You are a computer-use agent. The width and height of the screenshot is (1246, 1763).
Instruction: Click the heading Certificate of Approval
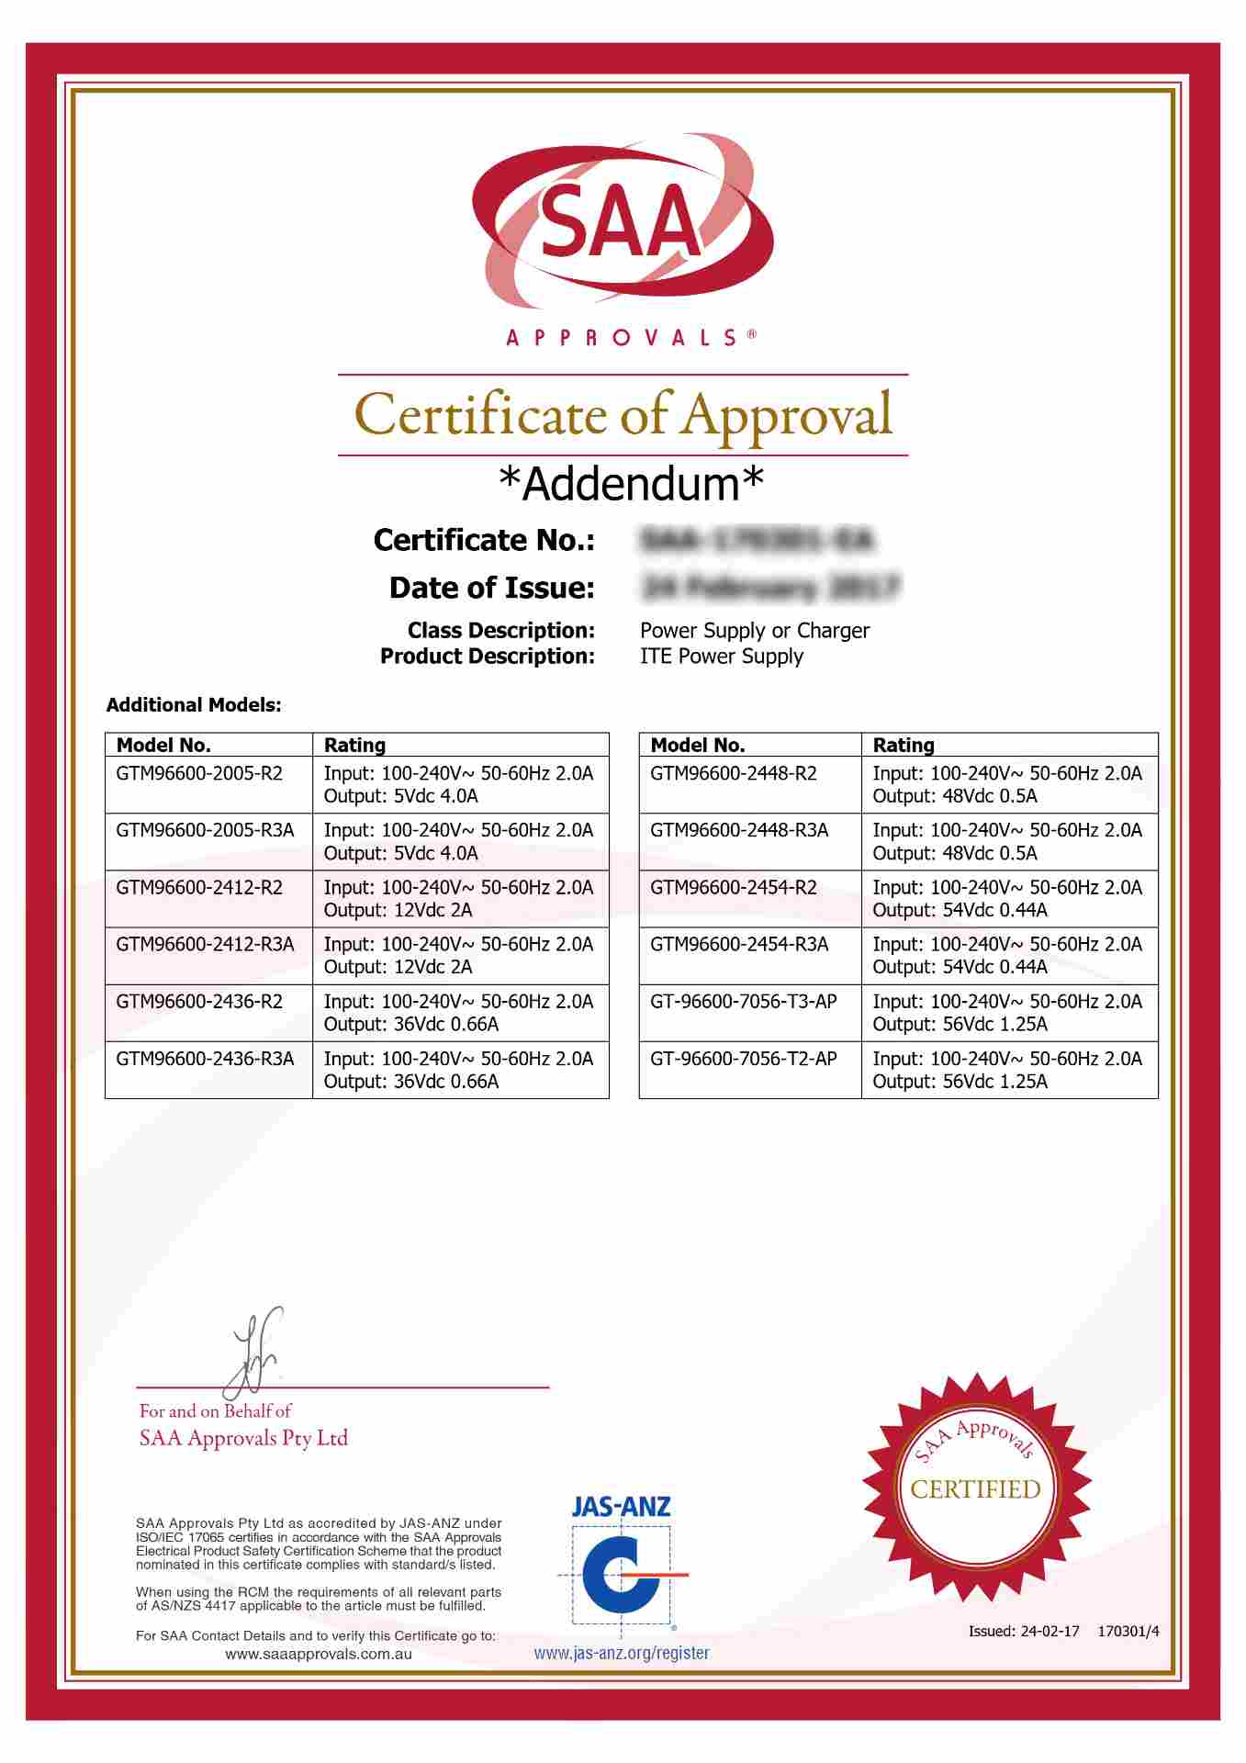(x=623, y=415)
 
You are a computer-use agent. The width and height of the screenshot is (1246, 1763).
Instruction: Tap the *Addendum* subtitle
(x=631, y=484)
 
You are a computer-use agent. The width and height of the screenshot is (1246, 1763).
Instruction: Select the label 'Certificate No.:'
(x=484, y=540)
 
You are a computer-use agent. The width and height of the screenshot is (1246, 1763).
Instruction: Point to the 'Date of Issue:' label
(x=491, y=588)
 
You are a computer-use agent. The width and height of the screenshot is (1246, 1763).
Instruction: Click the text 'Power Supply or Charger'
(x=754, y=631)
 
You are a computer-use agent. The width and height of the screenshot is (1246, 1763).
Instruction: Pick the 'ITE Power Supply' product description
(x=721, y=657)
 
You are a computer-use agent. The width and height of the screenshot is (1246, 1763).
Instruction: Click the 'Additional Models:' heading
(x=194, y=705)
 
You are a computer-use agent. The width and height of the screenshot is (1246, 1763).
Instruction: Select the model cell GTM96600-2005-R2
(x=199, y=773)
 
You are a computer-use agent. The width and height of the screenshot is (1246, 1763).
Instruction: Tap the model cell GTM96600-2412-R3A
(x=205, y=944)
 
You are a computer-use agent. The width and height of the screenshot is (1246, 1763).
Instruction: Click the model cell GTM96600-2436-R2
(x=199, y=1001)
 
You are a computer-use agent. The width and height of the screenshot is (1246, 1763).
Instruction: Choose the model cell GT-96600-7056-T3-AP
(x=743, y=1001)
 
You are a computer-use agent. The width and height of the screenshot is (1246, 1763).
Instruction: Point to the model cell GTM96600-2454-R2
(x=733, y=887)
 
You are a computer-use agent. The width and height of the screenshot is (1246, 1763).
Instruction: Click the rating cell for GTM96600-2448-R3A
(x=1007, y=841)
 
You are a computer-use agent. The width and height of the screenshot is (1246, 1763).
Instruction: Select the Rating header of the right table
(x=904, y=745)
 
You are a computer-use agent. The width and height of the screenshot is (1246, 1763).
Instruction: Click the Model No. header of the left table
(x=163, y=745)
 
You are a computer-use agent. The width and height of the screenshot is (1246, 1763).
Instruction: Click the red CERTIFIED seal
(x=975, y=1488)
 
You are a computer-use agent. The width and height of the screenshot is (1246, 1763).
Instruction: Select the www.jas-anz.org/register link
(x=622, y=1653)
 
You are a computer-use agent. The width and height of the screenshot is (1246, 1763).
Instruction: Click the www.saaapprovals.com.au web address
(x=318, y=1654)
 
